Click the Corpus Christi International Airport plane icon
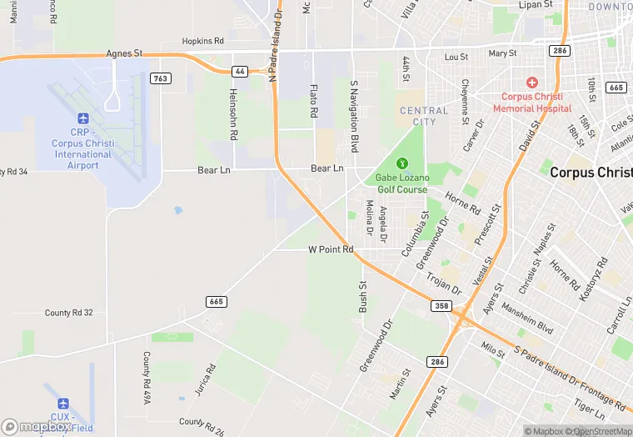82,120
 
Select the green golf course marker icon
401,163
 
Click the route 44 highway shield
240,72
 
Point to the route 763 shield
161,78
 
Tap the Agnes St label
124,53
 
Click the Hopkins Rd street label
203,40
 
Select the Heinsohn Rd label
234,118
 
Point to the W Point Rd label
331,249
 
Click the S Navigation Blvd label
354,116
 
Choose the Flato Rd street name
313,101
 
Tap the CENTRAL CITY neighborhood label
424,116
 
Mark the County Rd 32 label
69,313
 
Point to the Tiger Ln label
589,409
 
